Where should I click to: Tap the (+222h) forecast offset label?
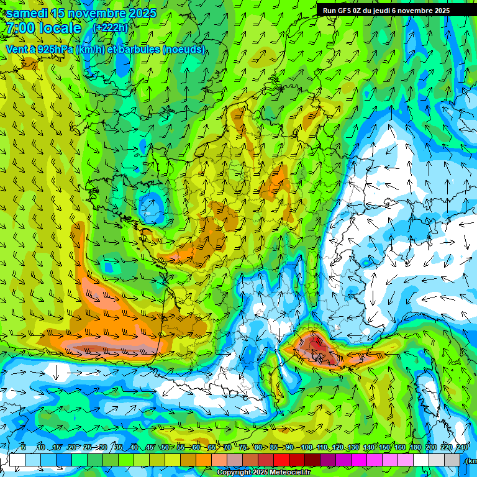pyautogui.click(x=110, y=27)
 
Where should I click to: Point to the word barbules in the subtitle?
pyautogui.click(x=136, y=50)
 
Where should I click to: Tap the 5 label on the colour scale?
pyautogui.click(x=24, y=448)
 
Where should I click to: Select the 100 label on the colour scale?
pyautogui.click(x=306, y=448)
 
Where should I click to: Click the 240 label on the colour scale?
pyautogui.click(x=462, y=448)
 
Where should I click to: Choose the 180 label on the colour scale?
pyautogui.click(x=416, y=448)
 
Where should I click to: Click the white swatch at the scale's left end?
pyautogui.click(x=17, y=460)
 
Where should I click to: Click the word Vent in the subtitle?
pyautogui.click(x=17, y=50)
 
